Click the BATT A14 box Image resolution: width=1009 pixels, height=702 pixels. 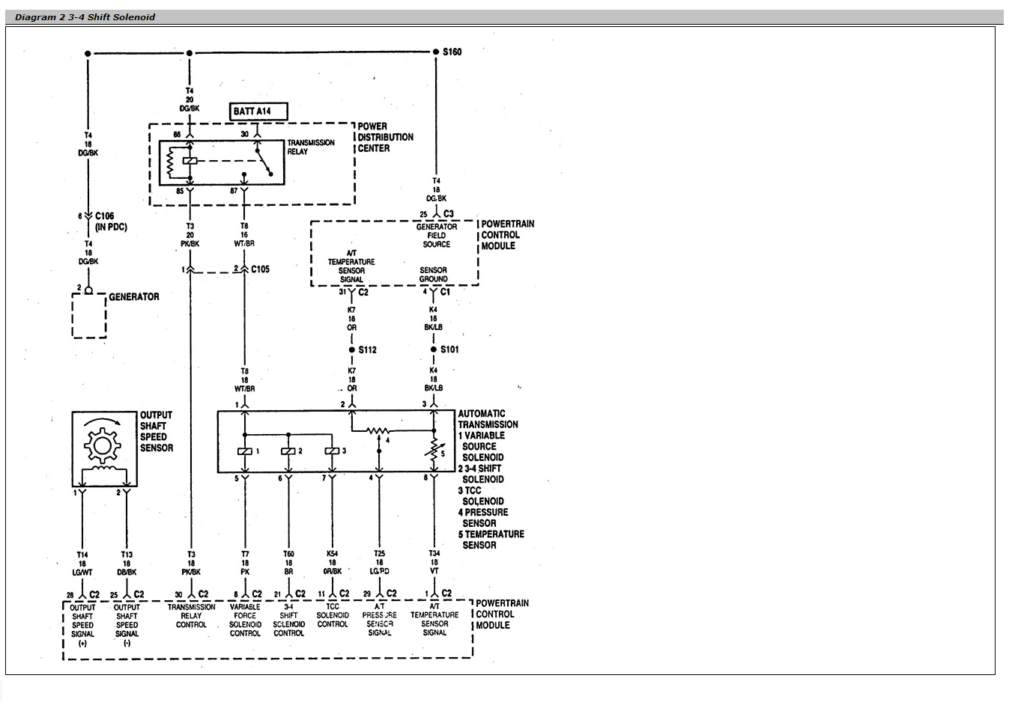[258, 112]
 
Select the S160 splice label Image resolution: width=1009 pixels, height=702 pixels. [452, 52]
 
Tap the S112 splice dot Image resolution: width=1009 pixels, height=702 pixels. [352, 350]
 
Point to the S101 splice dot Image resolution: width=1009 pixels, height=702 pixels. [434, 350]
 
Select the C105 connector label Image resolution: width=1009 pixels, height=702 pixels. [260, 269]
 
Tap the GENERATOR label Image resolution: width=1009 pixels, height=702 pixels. [133, 297]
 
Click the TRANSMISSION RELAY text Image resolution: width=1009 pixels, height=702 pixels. [310, 147]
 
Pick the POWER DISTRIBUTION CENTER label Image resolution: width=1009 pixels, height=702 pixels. [385, 137]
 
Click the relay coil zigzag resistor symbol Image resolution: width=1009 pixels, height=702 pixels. [170, 162]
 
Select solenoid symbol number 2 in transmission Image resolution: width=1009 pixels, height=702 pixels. [288, 451]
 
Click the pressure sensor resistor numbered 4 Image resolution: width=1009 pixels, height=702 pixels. [378, 430]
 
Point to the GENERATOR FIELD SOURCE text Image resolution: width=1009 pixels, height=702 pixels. [436, 235]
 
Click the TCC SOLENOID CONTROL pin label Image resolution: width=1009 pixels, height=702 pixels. [332, 615]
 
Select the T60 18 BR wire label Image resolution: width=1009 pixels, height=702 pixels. [288, 562]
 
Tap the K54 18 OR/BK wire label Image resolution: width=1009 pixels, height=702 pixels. [332, 562]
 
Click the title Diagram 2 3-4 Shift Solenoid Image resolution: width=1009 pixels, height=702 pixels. [85, 16]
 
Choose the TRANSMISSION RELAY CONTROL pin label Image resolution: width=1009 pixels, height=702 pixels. [191, 615]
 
